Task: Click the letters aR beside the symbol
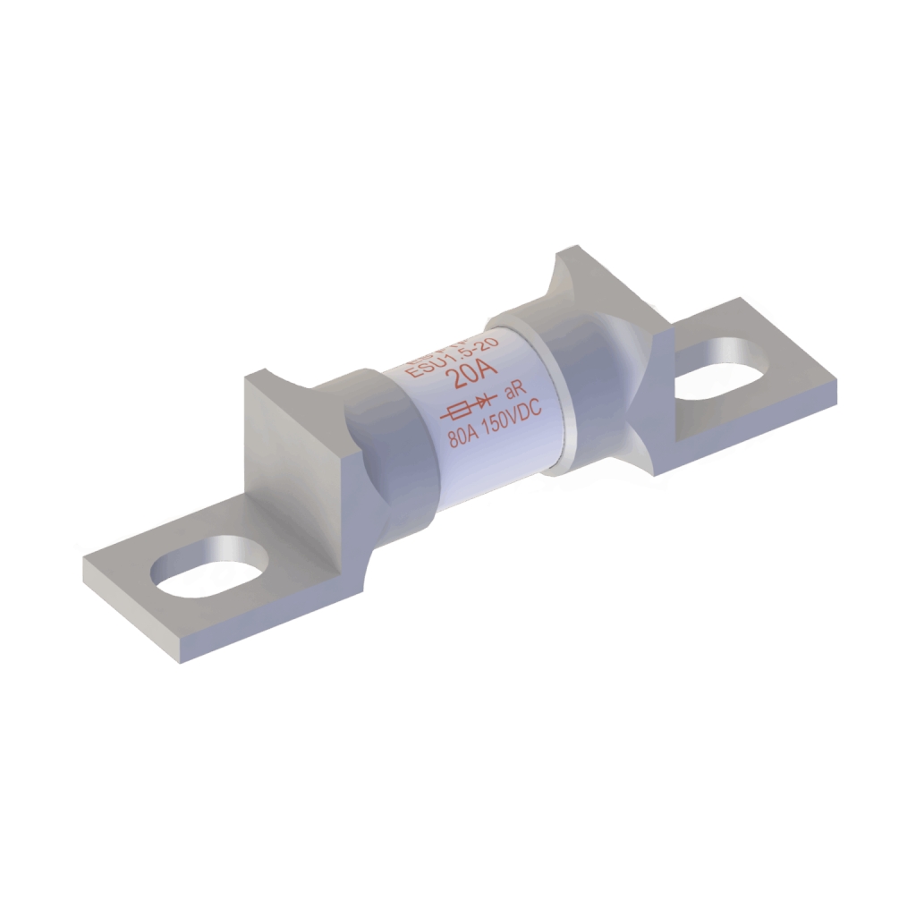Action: click(513, 392)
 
